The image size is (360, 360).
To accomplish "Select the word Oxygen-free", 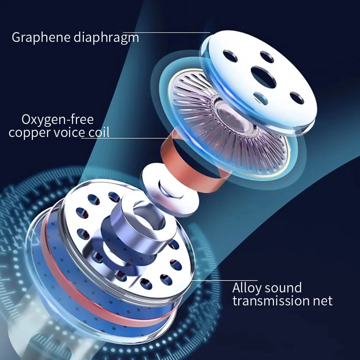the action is pyautogui.click(x=58, y=119).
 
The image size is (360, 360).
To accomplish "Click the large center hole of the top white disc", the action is pyautogui.click(x=264, y=77).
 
